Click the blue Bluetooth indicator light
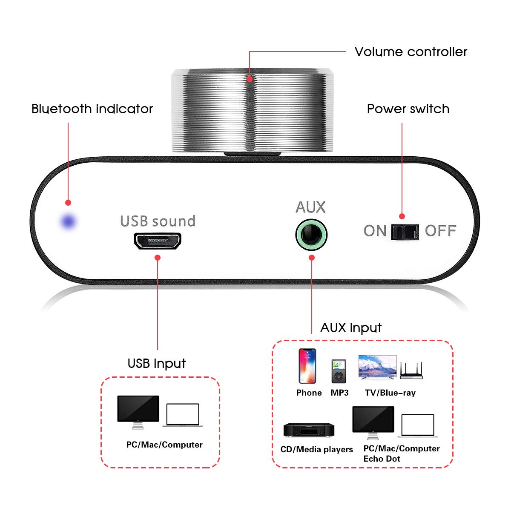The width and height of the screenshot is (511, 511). click(x=68, y=221)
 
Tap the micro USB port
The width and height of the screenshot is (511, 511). click(x=158, y=241)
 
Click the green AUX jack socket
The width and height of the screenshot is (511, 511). click(x=311, y=235)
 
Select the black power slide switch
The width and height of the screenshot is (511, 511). click(x=405, y=232)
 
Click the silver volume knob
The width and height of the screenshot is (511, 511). click(x=252, y=111)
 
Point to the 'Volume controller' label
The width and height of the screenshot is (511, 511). click(x=411, y=52)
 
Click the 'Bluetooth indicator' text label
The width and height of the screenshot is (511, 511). click(x=92, y=109)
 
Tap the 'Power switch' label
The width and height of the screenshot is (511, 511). click(x=408, y=109)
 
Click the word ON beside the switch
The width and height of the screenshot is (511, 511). click(x=375, y=231)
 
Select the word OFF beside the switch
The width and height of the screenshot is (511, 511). click(x=440, y=231)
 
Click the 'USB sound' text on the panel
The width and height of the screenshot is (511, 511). click(x=158, y=221)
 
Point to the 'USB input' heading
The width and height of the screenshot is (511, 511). click(x=157, y=363)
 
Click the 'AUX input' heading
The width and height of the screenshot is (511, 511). click(x=351, y=327)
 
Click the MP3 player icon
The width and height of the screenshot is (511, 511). click(x=339, y=371)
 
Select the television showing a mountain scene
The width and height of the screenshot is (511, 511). click(x=377, y=367)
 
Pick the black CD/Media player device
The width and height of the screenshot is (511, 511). click(x=309, y=430)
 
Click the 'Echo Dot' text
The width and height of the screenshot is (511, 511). click(x=382, y=459)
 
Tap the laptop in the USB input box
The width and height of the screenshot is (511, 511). click(x=183, y=415)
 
